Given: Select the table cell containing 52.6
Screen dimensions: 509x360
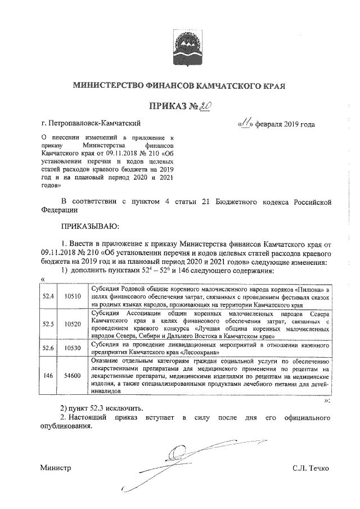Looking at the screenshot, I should tap(49, 348).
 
